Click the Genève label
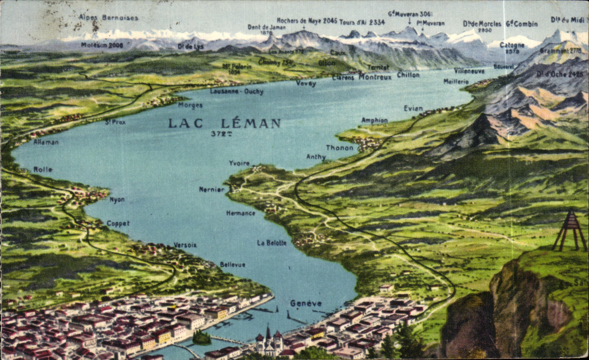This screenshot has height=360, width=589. (x=306, y=303)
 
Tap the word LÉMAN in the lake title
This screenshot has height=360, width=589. (x=251, y=123)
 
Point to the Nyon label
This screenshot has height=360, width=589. (x=117, y=199)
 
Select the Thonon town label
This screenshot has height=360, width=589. (x=339, y=148)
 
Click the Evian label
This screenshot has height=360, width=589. (x=413, y=108)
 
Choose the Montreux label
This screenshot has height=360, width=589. (x=375, y=77)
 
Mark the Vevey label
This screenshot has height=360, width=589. (x=306, y=83)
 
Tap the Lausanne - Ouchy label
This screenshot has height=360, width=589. (x=237, y=91)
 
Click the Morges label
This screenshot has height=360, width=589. (x=190, y=105)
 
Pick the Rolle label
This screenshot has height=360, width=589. (x=43, y=169)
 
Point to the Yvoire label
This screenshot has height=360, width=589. (x=239, y=163)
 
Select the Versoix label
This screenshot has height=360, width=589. (x=185, y=245)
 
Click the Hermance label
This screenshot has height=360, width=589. (x=240, y=213)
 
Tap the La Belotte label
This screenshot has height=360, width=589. (x=272, y=243)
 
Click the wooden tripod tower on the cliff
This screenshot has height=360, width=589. (x=569, y=231)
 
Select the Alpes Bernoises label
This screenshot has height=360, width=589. (x=108, y=17)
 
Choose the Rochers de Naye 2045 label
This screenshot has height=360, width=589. (x=307, y=20)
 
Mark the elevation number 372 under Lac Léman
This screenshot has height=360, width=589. (x=221, y=134)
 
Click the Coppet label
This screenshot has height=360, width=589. (x=118, y=223)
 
